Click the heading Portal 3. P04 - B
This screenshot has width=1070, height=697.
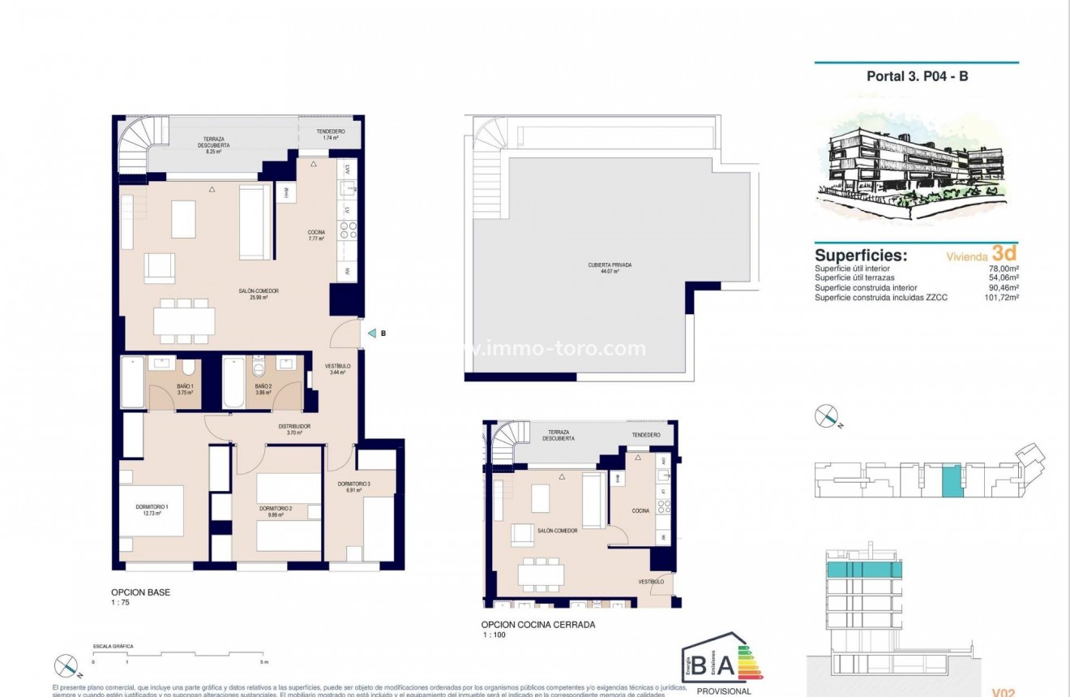click(x=918, y=76)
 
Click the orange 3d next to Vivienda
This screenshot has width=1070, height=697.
click(x=1004, y=254)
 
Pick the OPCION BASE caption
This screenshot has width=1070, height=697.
click(x=140, y=592)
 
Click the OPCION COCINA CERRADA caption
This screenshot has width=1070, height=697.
click(x=538, y=625)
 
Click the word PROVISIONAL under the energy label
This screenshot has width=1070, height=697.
click(x=724, y=691)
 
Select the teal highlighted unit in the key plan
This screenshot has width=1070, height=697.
click(x=949, y=480)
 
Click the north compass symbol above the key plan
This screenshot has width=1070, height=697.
click(x=826, y=416)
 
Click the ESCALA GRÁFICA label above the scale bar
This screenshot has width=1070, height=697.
click(x=113, y=646)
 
